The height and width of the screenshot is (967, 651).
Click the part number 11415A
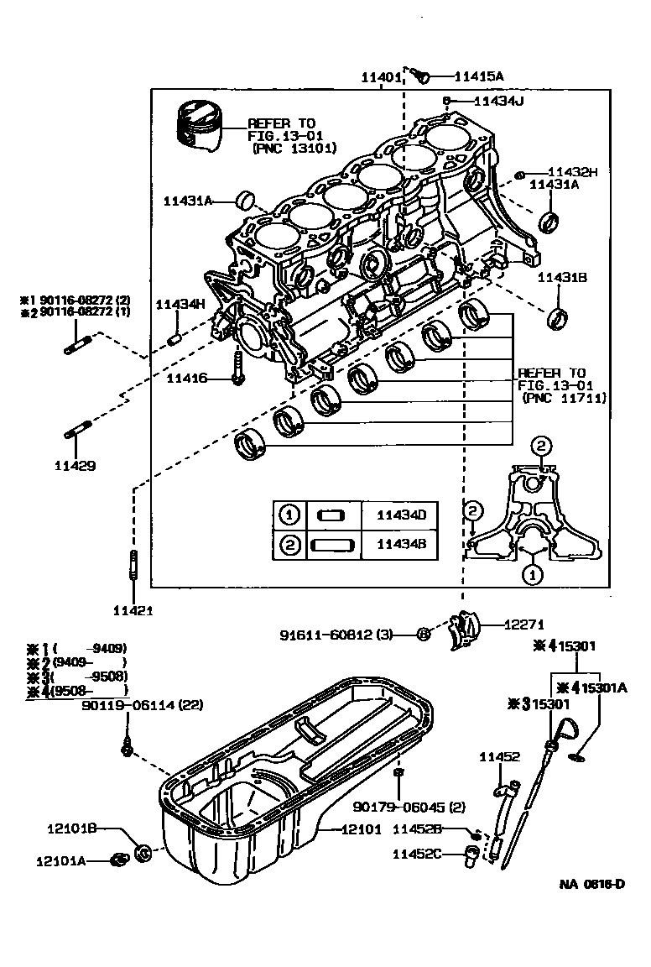click(x=478, y=76)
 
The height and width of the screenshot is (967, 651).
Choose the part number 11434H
click(x=180, y=304)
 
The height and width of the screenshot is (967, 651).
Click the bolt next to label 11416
click(x=237, y=369)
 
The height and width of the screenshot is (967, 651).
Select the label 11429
click(x=75, y=464)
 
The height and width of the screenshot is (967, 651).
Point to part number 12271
click(x=525, y=625)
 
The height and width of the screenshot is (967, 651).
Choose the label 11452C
click(x=417, y=854)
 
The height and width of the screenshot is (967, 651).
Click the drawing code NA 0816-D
click(x=592, y=885)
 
